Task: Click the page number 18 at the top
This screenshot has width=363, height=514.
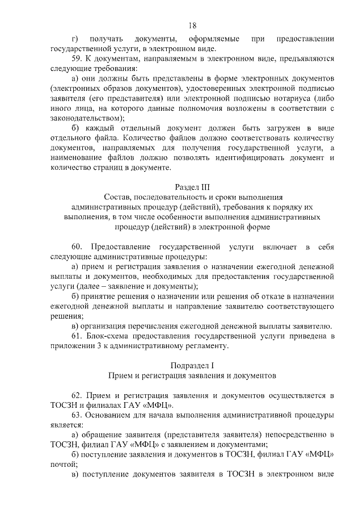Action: point(192,25)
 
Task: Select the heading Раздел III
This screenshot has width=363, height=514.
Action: point(192,186)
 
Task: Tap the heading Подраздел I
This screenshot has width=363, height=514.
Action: point(192,365)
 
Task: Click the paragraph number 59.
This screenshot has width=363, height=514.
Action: point(78,58)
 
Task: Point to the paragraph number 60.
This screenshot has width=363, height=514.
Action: point(78,246)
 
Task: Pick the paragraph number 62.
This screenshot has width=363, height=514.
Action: point(78,394)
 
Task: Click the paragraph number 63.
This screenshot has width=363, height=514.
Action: point(78,415)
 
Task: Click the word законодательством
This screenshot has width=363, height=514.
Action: point(86,118)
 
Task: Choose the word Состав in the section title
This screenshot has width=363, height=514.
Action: point(125,197)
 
